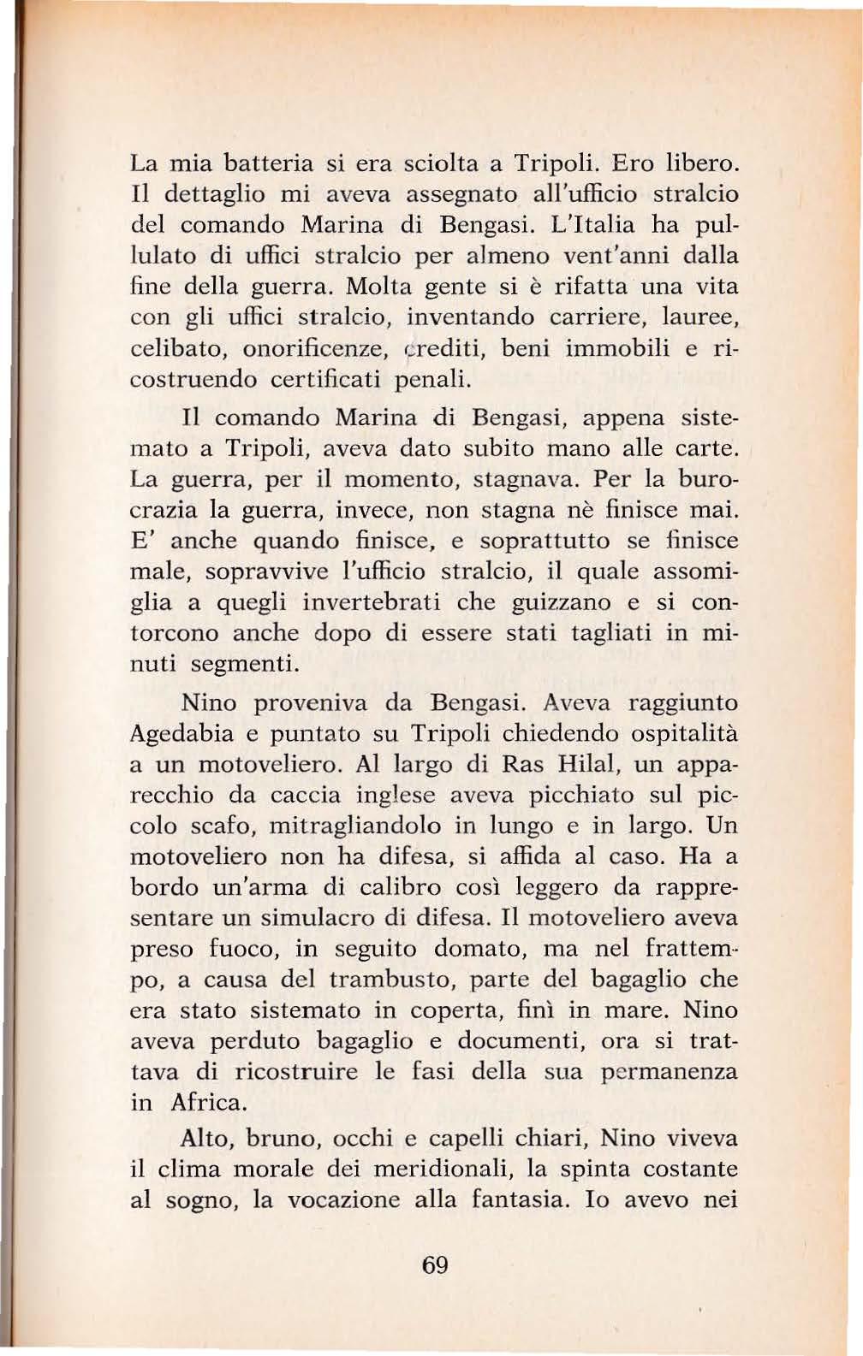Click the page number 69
pos(435,1264)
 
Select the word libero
pos(701,162)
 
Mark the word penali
pos(434,379)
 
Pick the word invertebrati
pos(372,602)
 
